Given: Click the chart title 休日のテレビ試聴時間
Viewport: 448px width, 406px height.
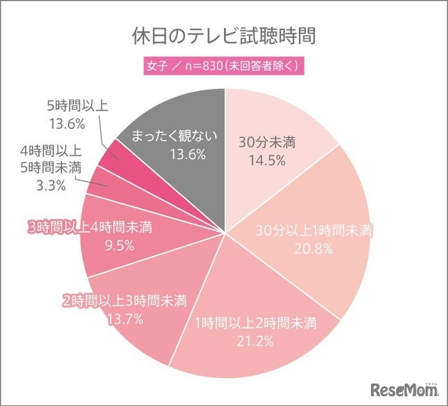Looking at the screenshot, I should [x=224, y=35].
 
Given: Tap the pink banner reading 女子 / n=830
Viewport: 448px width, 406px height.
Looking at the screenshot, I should [x=224, y=68].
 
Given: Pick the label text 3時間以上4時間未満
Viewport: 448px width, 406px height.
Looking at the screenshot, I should [x=90, y=227].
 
